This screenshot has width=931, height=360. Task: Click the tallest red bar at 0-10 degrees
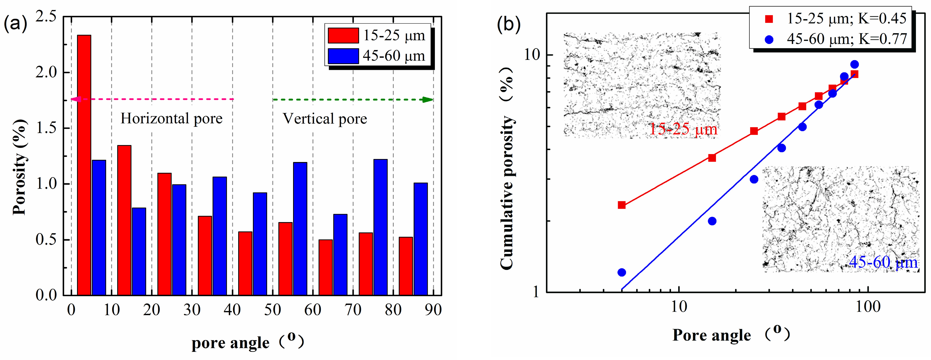(84, 165)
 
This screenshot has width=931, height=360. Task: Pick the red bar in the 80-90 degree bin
(406, 266)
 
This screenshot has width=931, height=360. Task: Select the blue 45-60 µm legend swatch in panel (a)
(343, 56)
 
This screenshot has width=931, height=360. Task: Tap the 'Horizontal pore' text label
(171, 118)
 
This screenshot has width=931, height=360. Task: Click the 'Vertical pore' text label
(325, 118)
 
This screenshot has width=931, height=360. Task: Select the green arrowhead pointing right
(428, 100)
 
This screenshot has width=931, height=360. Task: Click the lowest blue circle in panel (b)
(622, 272)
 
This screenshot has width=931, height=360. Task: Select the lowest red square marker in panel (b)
(622, 205)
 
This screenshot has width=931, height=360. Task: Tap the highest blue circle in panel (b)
(854, 64)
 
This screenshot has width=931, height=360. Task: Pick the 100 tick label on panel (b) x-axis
(868, 307)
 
